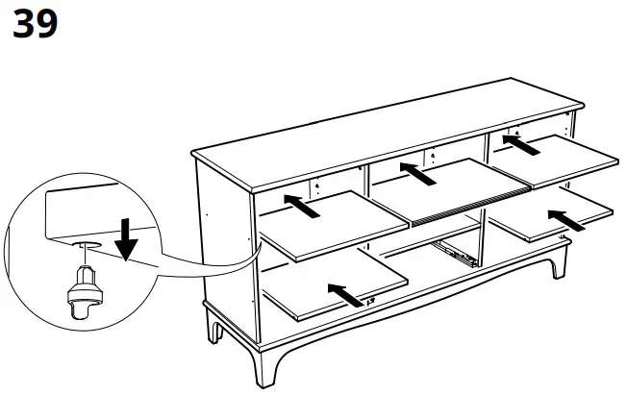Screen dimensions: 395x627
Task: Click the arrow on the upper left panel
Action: pos(301,204)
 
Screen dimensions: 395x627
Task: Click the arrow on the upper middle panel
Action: pos(415,174)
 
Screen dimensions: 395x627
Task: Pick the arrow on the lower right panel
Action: pos(565,221)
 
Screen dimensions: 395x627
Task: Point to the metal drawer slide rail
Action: pos(455,254)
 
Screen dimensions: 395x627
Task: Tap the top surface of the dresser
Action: pos(385,130)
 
